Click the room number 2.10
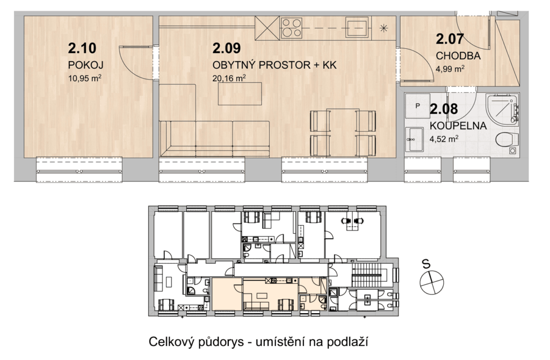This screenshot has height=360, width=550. pos(82,48)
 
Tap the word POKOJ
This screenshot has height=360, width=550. pos(85,65)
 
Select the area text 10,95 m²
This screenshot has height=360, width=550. pos(85,78)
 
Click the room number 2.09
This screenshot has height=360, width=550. pos(227,48)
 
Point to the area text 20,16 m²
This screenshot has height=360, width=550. pos(229,78)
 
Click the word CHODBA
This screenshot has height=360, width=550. pos(458,56)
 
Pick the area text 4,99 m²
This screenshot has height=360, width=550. pos(451,68)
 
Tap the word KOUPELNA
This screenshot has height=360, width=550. pos(458,126)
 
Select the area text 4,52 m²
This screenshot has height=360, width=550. pos(444,139)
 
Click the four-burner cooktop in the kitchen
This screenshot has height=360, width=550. pos(292,28)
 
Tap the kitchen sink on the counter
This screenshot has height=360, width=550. pos(357,27)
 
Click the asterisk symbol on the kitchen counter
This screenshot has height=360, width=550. pos(384,28)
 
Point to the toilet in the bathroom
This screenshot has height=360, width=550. pos(507,139)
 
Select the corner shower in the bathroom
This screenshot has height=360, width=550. pos(502,109)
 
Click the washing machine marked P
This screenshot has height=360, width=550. pos(417,106)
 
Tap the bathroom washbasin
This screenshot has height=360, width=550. pos(414,139)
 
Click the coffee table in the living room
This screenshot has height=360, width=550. pos(240,93)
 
